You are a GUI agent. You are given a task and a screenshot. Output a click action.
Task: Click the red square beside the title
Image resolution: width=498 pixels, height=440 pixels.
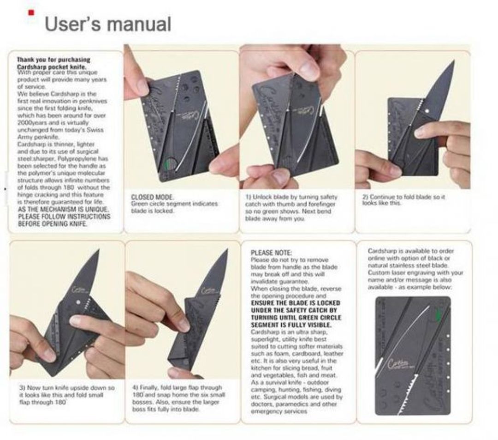click(31, 12)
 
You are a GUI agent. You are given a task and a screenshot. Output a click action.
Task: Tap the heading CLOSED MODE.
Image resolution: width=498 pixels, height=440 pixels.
click(153, 197)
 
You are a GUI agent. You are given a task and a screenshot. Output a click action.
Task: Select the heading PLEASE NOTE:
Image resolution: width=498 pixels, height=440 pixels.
click(271, 253)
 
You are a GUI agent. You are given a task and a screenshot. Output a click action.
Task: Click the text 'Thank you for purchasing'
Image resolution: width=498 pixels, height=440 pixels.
click(53, 60)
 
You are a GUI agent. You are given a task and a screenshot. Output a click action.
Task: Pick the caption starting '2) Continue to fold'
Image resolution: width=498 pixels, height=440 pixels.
click(404, 200)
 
